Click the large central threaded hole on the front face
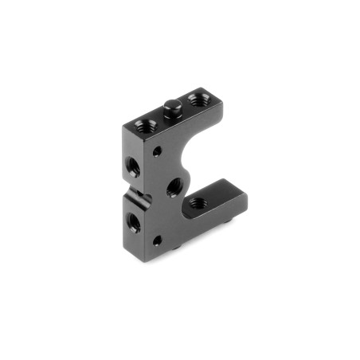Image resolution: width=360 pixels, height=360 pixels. pyautogui.click(x=174, y=188)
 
